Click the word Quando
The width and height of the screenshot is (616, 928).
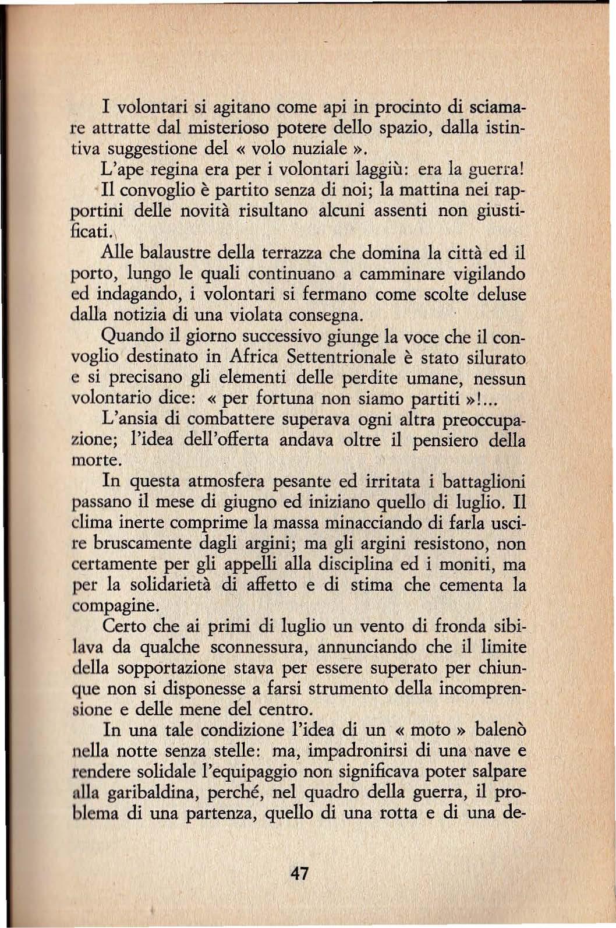(x=129, y=337)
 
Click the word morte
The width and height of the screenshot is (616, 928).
(x=96, y=460)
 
